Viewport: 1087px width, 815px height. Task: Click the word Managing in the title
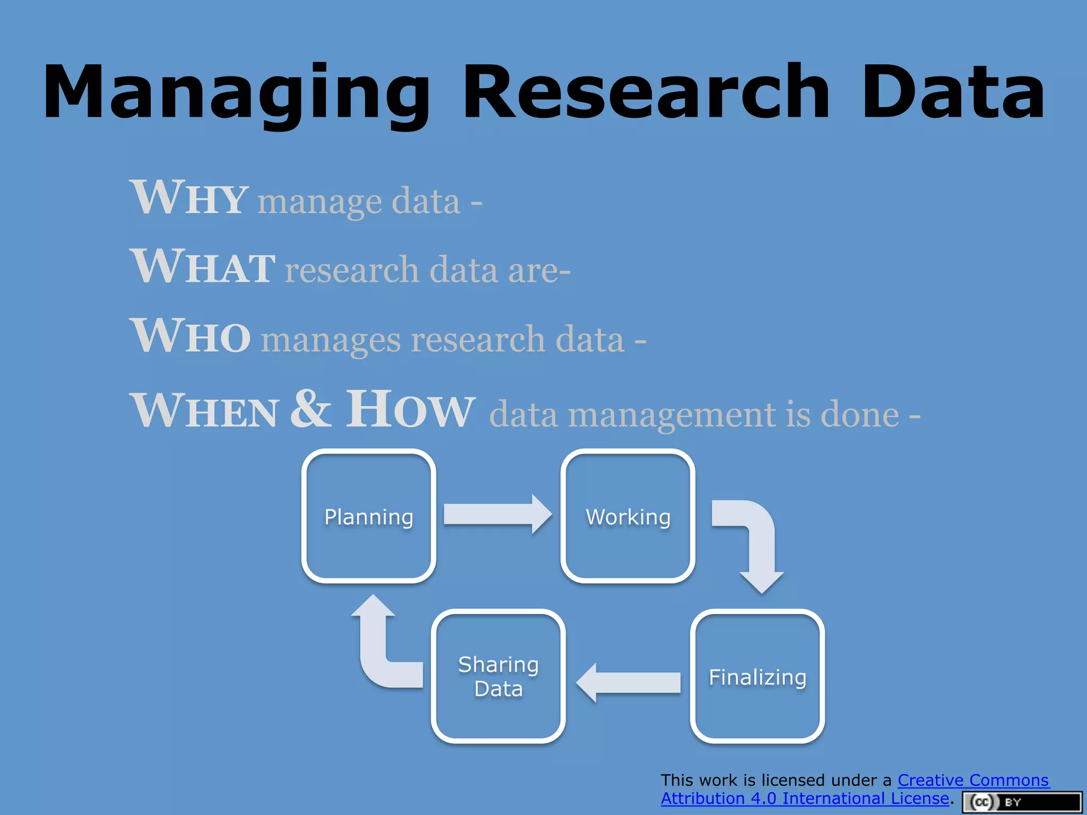coord(236,93)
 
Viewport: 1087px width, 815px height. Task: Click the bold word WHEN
coord(204,411)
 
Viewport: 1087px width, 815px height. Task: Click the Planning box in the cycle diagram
coord(368,516)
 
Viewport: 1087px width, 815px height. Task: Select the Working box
coord(628,516)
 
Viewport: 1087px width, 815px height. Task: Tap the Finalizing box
coord(757,677)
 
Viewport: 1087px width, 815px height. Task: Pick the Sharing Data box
coord(498,677)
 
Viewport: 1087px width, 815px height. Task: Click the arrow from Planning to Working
coord(497,514)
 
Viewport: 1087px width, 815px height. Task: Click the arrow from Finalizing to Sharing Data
coord(628,682)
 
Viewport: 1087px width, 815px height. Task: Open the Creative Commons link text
coord(972,780)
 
